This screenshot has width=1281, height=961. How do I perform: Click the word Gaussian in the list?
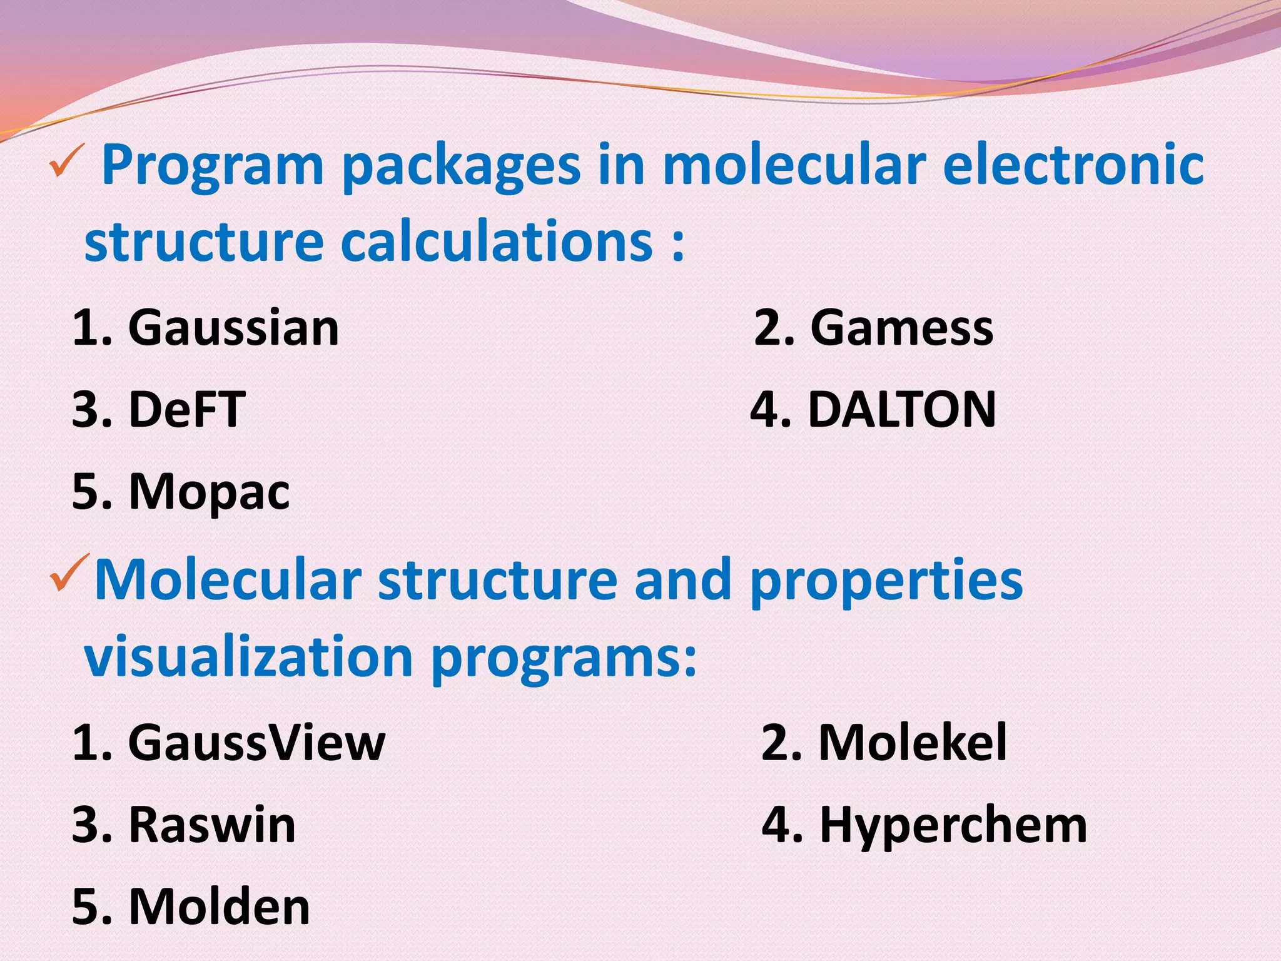point(233,328)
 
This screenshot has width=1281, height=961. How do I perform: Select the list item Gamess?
point(901,328)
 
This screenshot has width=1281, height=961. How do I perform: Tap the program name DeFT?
point(187,410)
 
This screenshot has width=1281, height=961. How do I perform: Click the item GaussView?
point(256,743)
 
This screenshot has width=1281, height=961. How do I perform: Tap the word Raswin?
point(212,825)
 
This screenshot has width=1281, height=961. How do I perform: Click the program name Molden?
point(219,907)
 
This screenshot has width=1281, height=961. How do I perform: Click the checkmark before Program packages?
point(66,161)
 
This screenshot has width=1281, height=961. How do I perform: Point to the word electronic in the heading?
point(1073,165)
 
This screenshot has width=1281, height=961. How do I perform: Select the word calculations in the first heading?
point(497,242)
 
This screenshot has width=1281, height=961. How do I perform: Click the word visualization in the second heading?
point(248,657)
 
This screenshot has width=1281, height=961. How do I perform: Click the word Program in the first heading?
point(213,166)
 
